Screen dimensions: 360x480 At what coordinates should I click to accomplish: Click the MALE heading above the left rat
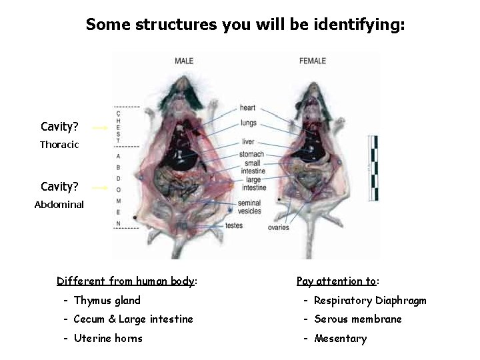tap(184, 61)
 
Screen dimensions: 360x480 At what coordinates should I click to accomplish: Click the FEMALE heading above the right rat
tap(313, 61)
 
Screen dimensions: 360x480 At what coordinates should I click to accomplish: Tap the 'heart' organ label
tap(247, 108)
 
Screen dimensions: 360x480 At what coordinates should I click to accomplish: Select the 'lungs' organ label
tap(249, 123)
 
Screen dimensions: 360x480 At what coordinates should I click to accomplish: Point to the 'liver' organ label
tap(248, 142)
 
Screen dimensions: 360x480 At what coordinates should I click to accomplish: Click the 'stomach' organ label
tap(251, 155)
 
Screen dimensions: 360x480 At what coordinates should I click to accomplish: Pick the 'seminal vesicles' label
tap(249, 207)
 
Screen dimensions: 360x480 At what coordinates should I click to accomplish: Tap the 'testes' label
tap(234, 225)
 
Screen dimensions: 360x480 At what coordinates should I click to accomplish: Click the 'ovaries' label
tap(279, 228)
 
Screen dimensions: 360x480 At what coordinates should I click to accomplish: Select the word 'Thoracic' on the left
tap(59, 144)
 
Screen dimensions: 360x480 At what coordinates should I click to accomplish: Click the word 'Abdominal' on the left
tap(59, 205)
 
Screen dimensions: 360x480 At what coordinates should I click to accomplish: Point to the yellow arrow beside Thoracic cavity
tap(99, 127)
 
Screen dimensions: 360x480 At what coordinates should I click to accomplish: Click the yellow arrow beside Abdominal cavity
tap(99, 188)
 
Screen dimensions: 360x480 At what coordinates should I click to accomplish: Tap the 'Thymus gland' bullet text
tap(107, 301)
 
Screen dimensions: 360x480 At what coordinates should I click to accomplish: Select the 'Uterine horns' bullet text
tap(108, 338)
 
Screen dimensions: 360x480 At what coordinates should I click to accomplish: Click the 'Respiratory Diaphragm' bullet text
tap(370, 301)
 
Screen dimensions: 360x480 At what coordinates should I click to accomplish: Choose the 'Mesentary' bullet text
tap(340, 339)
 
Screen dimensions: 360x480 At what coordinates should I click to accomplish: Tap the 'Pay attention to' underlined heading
tap(337, 281)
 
